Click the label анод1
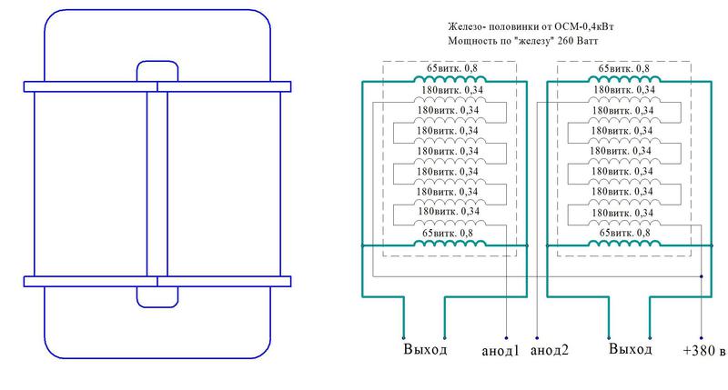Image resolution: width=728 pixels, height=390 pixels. (500, 351)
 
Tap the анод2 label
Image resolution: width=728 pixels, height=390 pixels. (550, 350)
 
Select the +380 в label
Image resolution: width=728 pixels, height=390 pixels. (703, 351)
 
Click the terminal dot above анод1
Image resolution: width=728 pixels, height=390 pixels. (506, 338)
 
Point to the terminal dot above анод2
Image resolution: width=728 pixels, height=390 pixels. (537, 338)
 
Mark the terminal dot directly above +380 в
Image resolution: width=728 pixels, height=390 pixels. (701, 338)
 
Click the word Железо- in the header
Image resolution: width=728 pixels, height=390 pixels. (467, 26)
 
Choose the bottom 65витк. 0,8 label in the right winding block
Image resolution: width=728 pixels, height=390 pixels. (625, 233)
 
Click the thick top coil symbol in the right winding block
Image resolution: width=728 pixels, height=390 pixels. (624, 79)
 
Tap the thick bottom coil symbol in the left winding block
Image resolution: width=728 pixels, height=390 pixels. (450, 243)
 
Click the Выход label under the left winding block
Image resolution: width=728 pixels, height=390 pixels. (425, 349)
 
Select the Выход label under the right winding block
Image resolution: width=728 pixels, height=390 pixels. (630, 349)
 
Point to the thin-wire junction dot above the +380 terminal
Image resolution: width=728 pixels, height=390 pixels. (701, 276)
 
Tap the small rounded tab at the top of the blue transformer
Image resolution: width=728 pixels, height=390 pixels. (157, 71)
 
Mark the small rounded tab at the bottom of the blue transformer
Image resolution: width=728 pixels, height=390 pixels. (157, 296)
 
